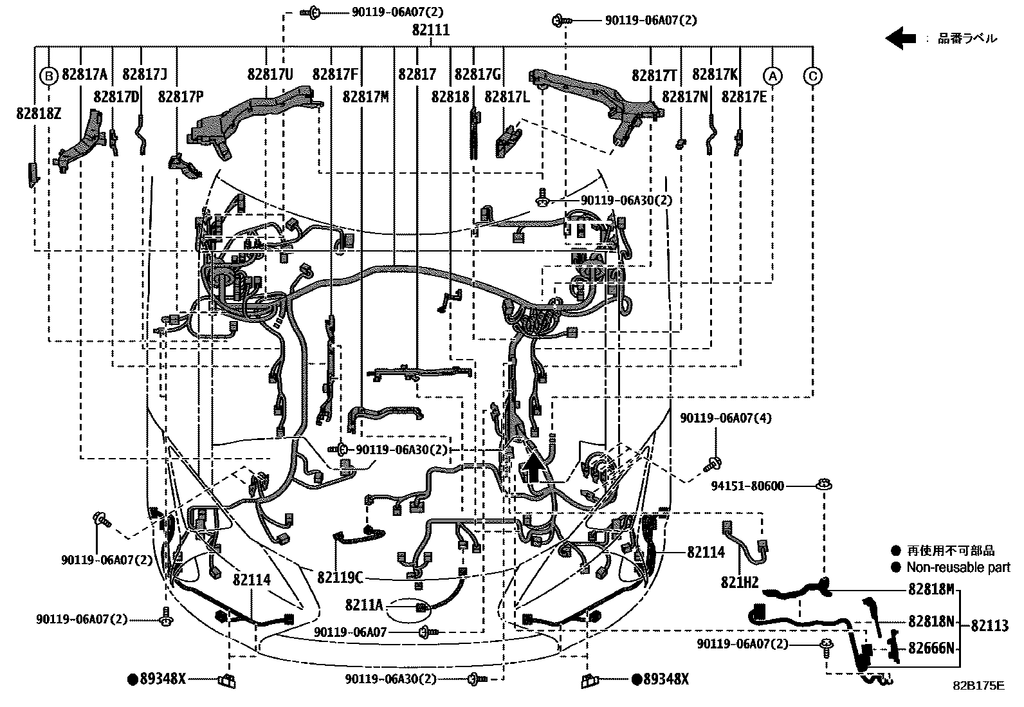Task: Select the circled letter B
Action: [49, 75]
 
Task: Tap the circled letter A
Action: [773, 75]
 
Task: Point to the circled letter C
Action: [813, 75]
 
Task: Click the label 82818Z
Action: [39, 113]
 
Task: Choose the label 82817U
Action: [270, 75]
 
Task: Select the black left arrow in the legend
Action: [901, 38]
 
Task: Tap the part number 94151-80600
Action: [747, 486]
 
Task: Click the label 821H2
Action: [740, 583]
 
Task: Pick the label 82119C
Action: [340, 577]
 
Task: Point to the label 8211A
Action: [363, 605]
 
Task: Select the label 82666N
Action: [931, 648]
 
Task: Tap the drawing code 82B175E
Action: [978, 686]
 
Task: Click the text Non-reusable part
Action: [958, 567]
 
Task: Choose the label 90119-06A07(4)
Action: [726, 418]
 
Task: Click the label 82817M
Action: [365, 96]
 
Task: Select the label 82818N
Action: [931, 621]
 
